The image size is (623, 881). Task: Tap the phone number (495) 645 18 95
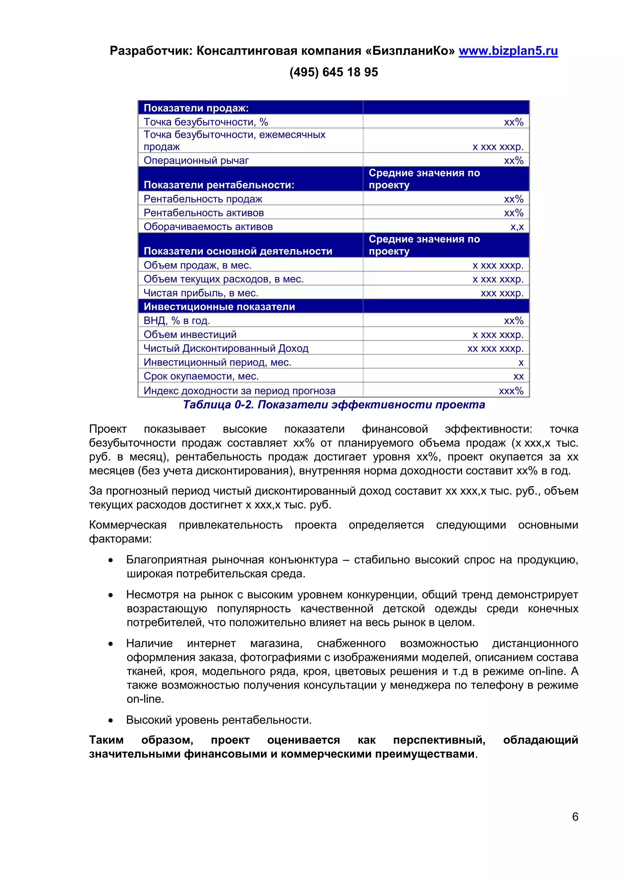tap(333, 72)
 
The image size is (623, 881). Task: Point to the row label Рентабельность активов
tap(204, 213)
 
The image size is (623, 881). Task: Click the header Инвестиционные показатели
tap(219, 307)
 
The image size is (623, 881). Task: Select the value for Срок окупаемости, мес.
tap(518, 376)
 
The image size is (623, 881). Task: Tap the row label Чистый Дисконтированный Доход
tap(226, 348)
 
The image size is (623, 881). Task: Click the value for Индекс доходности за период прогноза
tap(511, 391)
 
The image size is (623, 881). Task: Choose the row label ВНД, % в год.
tap(177, 321)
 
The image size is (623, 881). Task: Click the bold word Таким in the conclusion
tap(106, 740)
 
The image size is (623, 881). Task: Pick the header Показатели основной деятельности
tap(238, 251)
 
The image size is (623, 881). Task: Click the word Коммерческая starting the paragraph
tap(127, 525)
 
